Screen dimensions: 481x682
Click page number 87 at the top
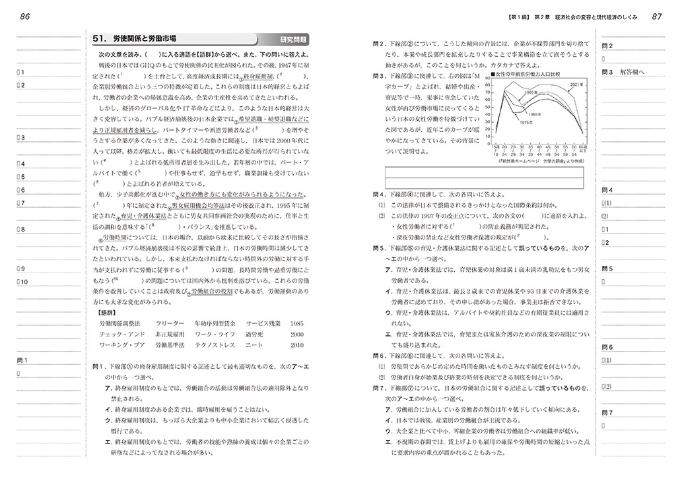tap(657, 16)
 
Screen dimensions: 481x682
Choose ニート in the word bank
tap(254, 344)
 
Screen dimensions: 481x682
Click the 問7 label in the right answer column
tap(607, 412)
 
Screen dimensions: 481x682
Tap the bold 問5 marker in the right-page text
tap(378, 247)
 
